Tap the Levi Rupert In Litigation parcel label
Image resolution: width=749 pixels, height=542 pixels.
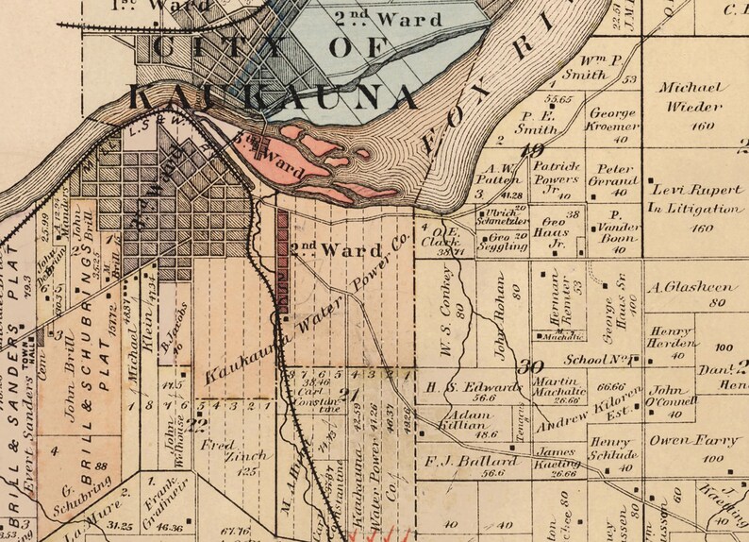point(695,198)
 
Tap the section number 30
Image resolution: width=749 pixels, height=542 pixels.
point(533,367)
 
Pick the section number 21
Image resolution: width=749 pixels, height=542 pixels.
point(357,394)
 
